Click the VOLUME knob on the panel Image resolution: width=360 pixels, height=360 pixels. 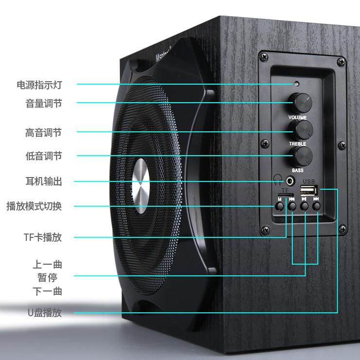tap(296, 102)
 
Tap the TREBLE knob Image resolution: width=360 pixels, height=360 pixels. tap(298, 130)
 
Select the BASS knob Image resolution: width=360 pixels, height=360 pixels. tap(299, 156)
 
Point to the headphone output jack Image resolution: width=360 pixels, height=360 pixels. tap(290, 182)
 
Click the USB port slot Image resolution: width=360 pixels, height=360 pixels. tap(309, 189)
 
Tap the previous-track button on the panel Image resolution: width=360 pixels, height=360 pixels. tap(292, 206)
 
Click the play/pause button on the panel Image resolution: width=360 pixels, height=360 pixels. tap(305, 206)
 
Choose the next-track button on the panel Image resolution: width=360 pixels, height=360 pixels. tap(317, 206)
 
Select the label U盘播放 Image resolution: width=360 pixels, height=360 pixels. tap(45, 313)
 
